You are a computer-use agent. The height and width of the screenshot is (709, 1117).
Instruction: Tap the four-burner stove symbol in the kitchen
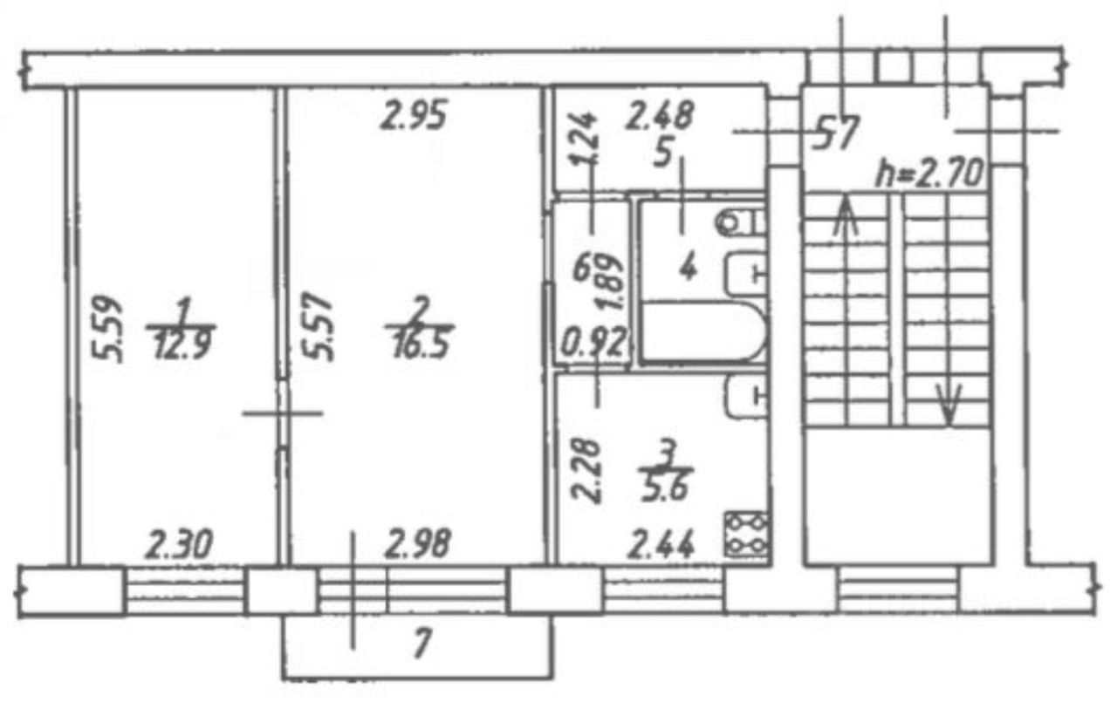pos(747,534)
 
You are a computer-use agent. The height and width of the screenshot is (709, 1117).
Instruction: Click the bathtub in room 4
pos(703,332)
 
